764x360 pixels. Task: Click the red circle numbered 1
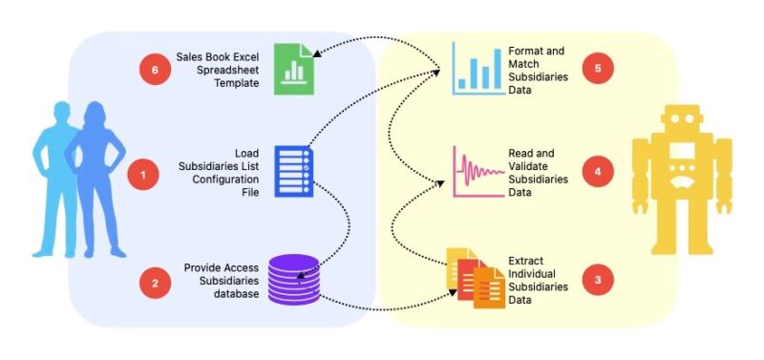[142, 174]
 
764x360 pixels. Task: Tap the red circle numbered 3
[598, 280]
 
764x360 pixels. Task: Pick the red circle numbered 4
[598, 172]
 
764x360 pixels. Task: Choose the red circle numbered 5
[598, 69]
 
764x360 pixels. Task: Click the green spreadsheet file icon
[290, 69]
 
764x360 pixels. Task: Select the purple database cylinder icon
[293, 279]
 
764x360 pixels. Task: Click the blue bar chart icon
[477, 70]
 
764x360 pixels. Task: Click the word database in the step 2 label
[237, 292]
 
